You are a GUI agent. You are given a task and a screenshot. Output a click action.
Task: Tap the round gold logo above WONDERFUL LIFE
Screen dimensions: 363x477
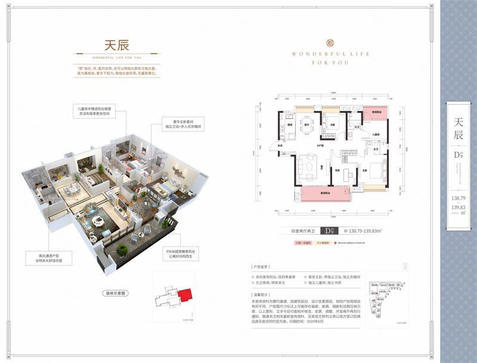tap(330, 42)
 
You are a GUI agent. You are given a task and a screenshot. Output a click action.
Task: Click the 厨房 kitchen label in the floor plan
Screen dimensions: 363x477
tap(289, 125)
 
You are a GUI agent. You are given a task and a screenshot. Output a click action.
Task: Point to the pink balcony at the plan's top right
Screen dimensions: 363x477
tap(376, 113)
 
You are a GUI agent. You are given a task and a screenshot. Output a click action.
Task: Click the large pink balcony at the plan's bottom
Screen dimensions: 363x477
tap(326, 194)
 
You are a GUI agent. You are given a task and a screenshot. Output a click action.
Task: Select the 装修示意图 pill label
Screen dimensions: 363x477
tap(113, 294)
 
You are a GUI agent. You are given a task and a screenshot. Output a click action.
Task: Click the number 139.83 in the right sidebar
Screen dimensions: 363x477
tap(457, 206)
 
